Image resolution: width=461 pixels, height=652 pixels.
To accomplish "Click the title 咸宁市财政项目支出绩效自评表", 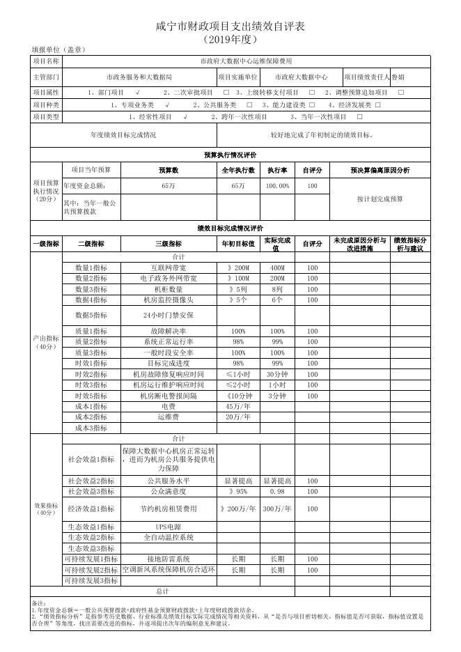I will tap(230, 26).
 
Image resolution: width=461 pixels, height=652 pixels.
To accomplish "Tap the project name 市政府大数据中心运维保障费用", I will tap(247, 61).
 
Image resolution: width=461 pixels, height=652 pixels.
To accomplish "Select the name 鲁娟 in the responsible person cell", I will tap(398, 77).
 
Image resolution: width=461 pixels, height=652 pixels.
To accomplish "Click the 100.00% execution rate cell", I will tap(277, 186).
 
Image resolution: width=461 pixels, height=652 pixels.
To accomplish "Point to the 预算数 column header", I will tap(169, 170).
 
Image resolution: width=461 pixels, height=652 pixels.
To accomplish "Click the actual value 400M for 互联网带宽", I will tap(277, 267).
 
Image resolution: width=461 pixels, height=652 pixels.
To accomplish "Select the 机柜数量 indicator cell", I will tap(169, 289).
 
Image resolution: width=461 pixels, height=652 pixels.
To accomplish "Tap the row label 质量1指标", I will tap(91, 331).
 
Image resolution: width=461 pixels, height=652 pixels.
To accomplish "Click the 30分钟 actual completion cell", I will tap(277, 374).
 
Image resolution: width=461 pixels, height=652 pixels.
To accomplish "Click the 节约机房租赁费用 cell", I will tap(169, 509).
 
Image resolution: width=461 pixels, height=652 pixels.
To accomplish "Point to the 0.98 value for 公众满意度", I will tap(277, 492).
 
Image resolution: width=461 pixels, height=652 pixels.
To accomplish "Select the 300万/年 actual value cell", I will tap(277, 509).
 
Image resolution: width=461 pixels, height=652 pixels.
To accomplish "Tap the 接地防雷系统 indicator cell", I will tap(169, 559).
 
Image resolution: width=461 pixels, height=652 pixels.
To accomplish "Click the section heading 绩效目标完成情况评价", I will tap(230, 228).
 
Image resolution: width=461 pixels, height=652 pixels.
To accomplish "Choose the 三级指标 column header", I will tap(169, 244).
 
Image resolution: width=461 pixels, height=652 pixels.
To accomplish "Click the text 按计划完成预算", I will tap(380, 199).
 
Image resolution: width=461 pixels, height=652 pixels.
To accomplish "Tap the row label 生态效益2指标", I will tap(91, 537).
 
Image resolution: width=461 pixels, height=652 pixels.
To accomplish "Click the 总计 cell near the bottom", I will tap(162, 591).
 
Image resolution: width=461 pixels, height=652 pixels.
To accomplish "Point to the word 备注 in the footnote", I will tap(39, 603).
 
